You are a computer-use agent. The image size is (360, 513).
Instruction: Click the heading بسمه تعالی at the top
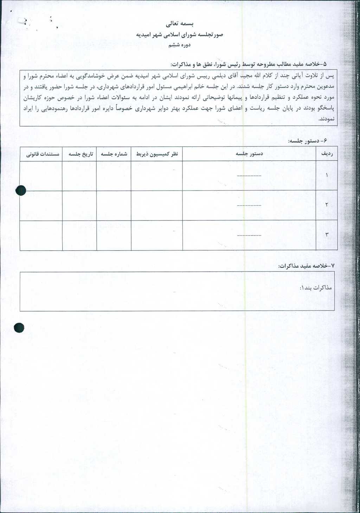[x=180, y=24]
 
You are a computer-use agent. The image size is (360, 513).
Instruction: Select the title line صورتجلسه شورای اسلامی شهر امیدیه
[x=180, y=34]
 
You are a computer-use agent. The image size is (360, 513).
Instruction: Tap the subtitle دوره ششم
[x=179, y=45]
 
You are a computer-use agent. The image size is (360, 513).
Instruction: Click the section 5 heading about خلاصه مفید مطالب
[x=248, y=64]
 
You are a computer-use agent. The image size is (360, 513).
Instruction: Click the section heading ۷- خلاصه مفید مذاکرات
[x=306, y=266]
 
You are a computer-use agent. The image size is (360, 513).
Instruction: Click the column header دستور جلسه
[x=249, y=154]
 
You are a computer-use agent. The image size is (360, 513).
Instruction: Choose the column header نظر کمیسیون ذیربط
[x=157, y=154]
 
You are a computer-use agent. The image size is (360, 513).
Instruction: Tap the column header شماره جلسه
[x=114, y=154]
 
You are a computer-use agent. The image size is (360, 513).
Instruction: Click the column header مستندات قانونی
[x=43, y=154]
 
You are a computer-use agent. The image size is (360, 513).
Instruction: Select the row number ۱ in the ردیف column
[x=327, y=175]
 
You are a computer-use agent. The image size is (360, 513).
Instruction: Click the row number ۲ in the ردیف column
[x=327, y=205]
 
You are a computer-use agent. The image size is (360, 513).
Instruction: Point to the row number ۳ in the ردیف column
[x=327, y=235]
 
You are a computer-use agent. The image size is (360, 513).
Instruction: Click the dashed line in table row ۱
[x=249, y=175]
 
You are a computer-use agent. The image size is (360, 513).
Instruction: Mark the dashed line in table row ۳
[x=249, y=235]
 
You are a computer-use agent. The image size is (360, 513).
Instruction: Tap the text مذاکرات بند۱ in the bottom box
[x=316, y=288]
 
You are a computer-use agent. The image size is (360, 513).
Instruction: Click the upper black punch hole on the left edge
[x=21, y=190]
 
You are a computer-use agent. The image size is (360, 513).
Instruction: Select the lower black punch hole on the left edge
[x=19, y=328]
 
